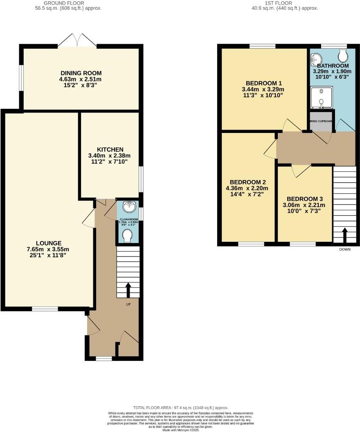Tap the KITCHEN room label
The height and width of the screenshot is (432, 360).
tap(110, 149)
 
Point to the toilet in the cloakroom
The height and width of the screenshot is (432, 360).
tap(127, 235)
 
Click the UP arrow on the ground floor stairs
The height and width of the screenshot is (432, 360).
tap(128, 290)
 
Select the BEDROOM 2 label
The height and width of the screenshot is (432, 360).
tap(248, 182)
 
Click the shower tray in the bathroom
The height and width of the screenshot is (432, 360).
tap(322, 98)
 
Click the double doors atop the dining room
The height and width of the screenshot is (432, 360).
tap(77, 41)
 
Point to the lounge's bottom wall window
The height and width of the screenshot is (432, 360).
tap(45, 309)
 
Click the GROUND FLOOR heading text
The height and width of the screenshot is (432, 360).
tap(68, 3)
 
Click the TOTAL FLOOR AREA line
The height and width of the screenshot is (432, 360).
tap(181, 408)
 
